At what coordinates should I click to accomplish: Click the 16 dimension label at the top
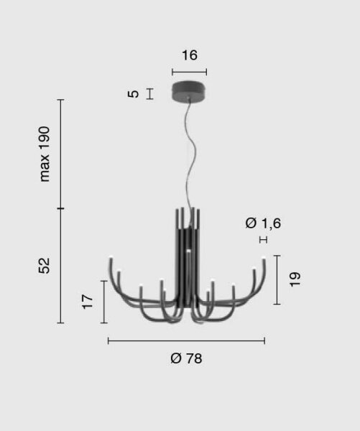pyautogui.click(x=190, y=55)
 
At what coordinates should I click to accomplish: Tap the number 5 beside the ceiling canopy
pyautogui.click(x=134, y=93)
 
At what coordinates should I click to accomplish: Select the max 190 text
pyautogui.click(x=45, y=154)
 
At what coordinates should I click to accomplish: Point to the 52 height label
pyautogui.click(x=44, y=266)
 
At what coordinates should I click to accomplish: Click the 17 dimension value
pyautogui.click(x=88, y=302)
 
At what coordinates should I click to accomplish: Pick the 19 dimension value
pyautogui.click(x=295, y=279)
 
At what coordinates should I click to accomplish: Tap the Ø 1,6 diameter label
pyautogui.click(x=263, y=223)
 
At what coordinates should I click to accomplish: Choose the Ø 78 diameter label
pyautogui.click(x=186, y=358)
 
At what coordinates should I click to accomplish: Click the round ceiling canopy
pyautogui.click(x=189, y=91)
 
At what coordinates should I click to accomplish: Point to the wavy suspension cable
pyautogui.click(x=193, y=154)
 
